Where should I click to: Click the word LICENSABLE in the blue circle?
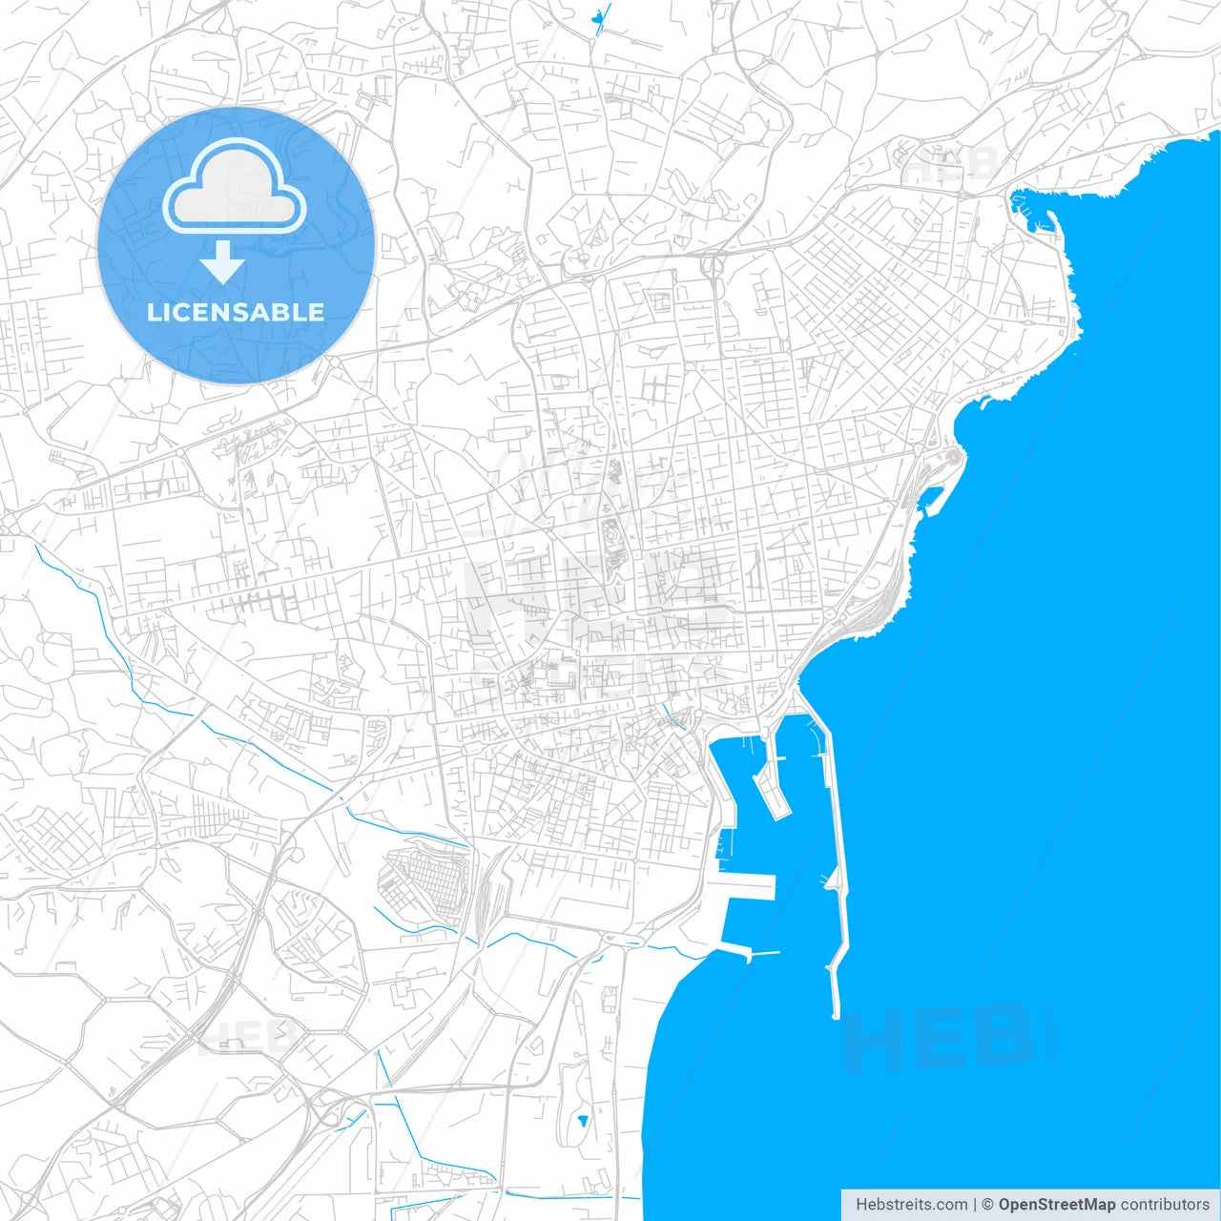coord(236,312)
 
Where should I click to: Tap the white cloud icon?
coord(235,187)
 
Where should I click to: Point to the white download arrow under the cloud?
coord(222,262)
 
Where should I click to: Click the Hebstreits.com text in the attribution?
coord(911,1205)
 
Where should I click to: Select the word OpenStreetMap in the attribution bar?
coord(1056,1205)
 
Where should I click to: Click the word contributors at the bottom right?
coord(1165,1205)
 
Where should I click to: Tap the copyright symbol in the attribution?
coord(987,1205)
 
